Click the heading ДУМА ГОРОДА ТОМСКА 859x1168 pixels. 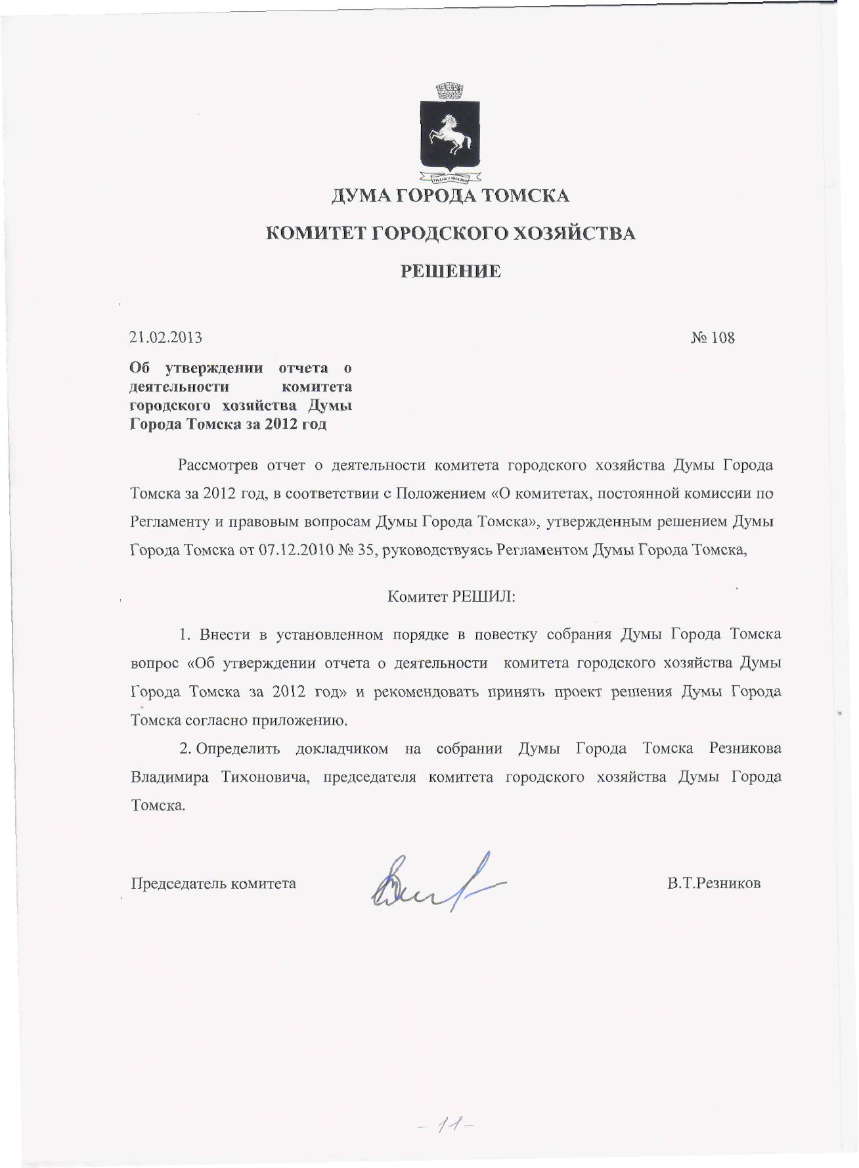450,196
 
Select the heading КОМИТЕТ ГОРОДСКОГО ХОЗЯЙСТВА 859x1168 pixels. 450,233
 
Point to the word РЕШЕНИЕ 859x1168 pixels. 451,271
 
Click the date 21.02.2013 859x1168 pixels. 165,338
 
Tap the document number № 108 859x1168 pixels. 713,338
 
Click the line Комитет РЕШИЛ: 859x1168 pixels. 451,597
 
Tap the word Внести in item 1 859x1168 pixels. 225,635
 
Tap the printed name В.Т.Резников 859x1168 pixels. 714,884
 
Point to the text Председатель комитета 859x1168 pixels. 213,884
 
